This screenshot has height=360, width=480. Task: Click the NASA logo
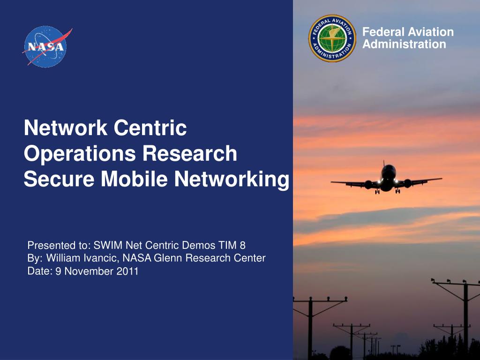[46, 46]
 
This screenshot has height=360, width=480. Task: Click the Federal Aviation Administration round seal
[332, 38]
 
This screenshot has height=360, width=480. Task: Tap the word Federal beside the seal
[383, 32]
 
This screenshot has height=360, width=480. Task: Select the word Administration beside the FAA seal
[404, 44]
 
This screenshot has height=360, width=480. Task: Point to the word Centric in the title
[150, 127]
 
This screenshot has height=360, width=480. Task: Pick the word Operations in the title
[80, 153]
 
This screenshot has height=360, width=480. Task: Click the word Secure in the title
[59, 179]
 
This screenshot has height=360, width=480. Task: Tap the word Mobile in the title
[135, 179]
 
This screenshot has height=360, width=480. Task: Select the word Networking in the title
[232, 179]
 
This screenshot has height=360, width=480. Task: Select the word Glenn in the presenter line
[168, 258]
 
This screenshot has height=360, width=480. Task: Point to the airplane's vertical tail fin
[384, 164]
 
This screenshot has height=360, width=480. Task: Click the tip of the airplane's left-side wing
[331, 182]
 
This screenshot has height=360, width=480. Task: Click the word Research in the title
[190, 153]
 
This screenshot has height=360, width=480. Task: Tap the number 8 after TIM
[242, 245]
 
